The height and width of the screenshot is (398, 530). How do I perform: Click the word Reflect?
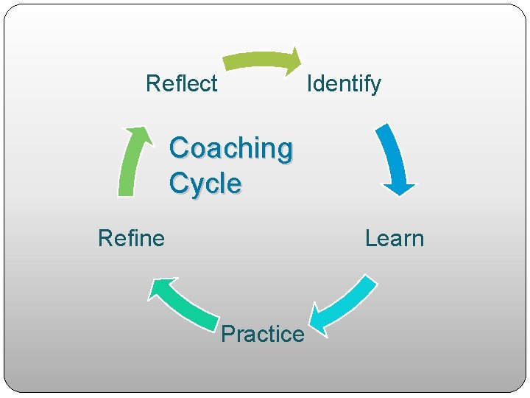181,83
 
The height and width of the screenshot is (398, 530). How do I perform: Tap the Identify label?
344,83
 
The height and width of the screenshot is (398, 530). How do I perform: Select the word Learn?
395,238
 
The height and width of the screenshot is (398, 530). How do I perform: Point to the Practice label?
262,334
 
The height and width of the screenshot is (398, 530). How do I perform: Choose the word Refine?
131,238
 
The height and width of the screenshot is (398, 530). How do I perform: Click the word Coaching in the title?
230,148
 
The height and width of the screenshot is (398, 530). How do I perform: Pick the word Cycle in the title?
205,184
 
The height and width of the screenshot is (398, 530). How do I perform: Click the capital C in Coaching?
179,148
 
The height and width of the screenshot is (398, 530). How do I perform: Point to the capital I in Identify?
309,83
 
